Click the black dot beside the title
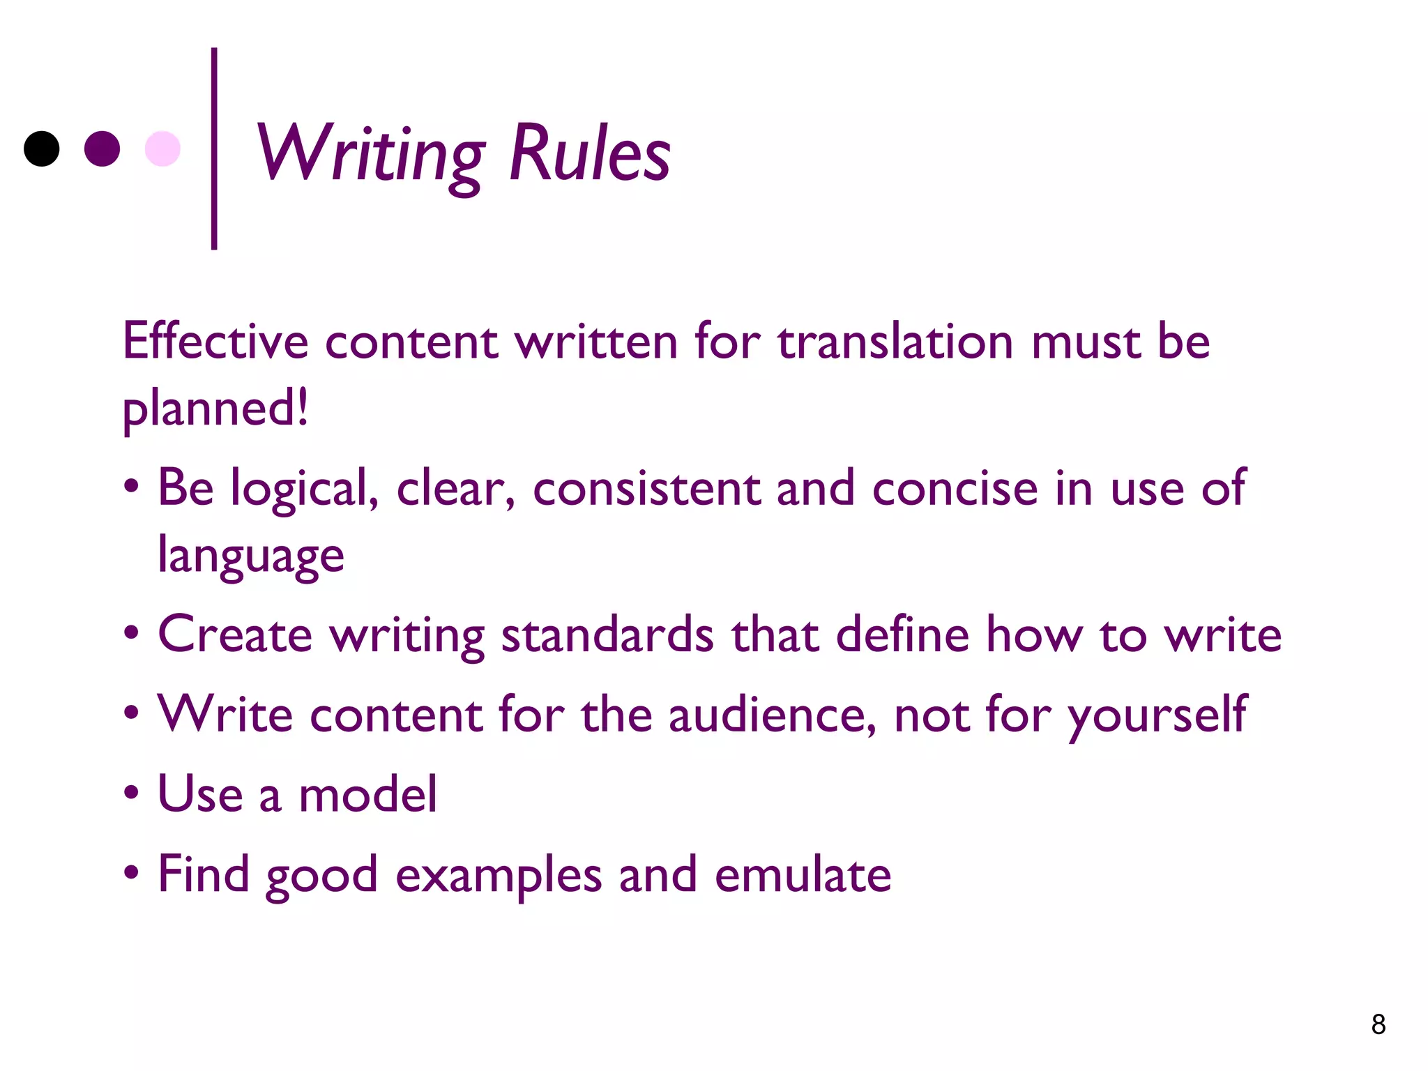(42, 149)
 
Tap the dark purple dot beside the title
(102, 149)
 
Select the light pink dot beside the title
(162, 149)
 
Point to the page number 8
(1378, 1024)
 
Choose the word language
(251, 556)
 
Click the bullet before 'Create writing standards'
(131, 634)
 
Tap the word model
(367, 794)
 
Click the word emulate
(803, 874)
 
